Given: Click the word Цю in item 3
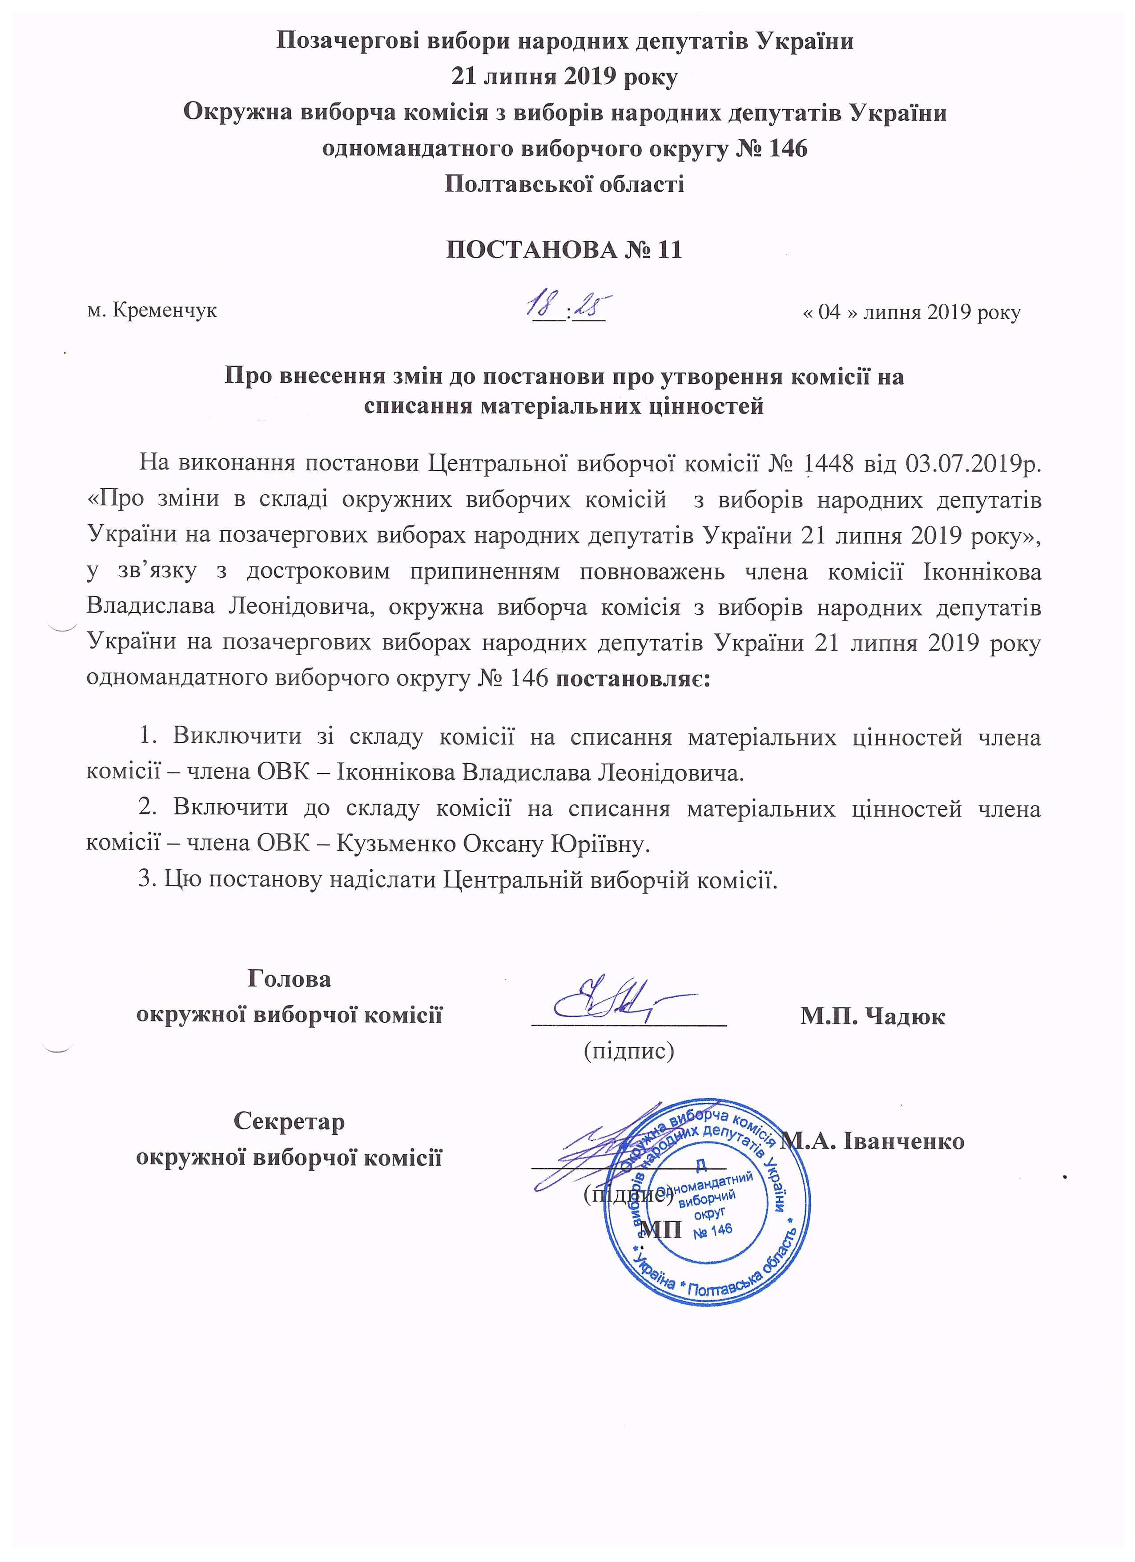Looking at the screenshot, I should pos(182,880).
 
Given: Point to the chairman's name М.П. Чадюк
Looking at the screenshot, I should pos(872,1016).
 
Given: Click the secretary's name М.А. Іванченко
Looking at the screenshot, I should pos(874,1141).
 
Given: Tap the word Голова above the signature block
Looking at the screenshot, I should pos(289,979).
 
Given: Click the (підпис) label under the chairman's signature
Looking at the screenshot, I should pos(628,1050).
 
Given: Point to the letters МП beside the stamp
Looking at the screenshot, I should pos(661,1229).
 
